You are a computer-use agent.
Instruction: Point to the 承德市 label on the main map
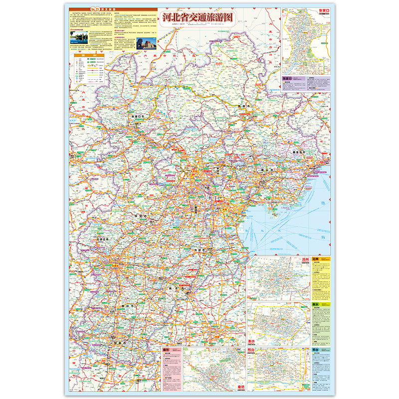point(244,106)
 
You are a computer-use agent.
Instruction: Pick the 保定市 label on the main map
point(141,216)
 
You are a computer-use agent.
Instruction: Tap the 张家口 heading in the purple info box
point(287,79)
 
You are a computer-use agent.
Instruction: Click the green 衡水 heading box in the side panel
point(316,304)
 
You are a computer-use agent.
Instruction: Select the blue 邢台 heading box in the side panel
point(316,350)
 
